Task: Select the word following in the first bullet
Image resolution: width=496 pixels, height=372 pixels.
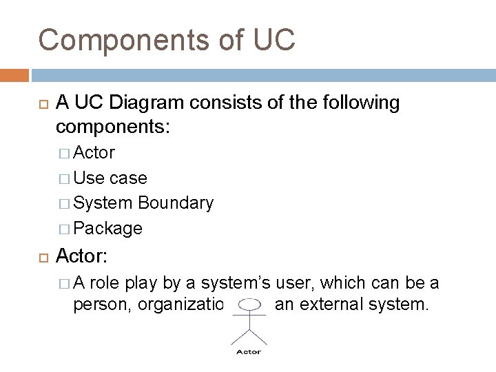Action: (x=360, y=103)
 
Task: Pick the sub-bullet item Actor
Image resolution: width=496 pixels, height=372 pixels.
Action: (x=94, y=152)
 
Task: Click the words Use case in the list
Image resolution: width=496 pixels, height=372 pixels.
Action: (x=110, y=178)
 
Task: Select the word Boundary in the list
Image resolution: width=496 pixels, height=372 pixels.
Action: (x=176, y=203)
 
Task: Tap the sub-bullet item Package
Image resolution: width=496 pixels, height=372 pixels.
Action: (x=108, y=228)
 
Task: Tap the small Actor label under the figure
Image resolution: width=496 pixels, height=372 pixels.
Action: (x=249, y=351)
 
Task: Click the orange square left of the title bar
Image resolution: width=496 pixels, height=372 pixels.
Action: (x=14, y=74)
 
